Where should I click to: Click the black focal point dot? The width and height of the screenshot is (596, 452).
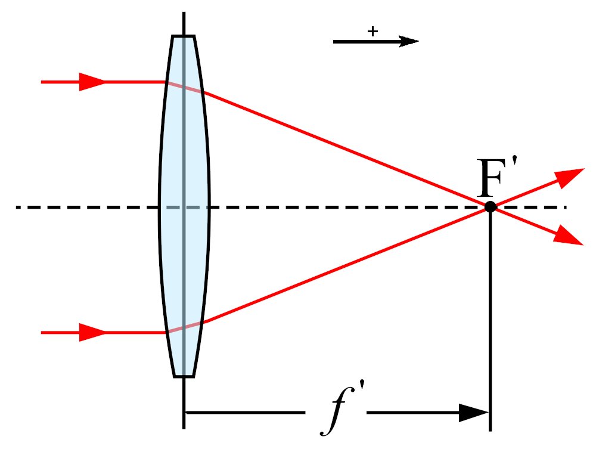[491, 207]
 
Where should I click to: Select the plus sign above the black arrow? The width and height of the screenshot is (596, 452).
[373, 31]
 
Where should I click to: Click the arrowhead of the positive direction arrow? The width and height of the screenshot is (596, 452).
[408, 41]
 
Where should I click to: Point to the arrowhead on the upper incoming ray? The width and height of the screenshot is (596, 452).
[92, 82]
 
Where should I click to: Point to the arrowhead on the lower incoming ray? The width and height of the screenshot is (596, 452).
[92, 332]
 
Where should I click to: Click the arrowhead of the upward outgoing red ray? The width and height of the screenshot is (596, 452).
[570, 177]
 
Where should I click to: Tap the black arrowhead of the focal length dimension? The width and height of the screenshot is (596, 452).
[474, 413]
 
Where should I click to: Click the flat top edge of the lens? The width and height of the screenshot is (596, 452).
[183, 36]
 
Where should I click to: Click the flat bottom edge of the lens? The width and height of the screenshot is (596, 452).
[184, 376]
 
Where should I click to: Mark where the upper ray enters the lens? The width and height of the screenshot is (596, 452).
[166, 82]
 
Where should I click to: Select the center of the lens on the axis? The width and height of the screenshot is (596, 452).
[184, 207]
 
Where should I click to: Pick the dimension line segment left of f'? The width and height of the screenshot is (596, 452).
[245, 413]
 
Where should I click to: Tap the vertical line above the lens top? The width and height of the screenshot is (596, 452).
[184, 23]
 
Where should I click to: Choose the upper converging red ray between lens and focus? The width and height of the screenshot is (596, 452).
[346, 149]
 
